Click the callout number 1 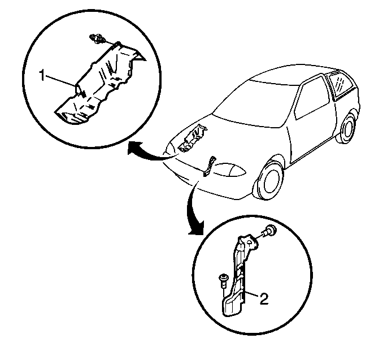coord(42,75)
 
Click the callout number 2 coord(264,298)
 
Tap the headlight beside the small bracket coord(229,169)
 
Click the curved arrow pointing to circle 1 coord(149,154)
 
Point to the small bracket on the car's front coord(209,166)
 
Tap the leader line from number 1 coord(60,81)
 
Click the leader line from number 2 coord(252,294)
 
